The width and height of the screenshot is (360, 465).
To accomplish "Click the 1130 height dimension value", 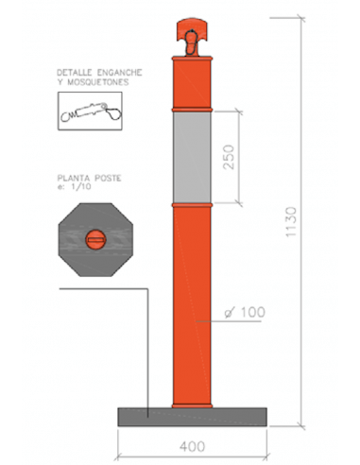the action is pyautogui.click(x=291, y=222).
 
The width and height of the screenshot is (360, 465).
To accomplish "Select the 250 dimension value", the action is pyautogui.click(x=229, y=157).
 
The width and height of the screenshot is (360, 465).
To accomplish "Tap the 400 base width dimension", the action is pyautogui.click(x=193, y=446).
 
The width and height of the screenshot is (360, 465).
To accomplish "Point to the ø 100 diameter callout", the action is pyautogui.click(x=245, y=312).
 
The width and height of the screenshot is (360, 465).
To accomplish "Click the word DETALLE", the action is pyautogui.click(x=75, y=73).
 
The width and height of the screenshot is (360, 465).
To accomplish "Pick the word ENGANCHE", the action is pyautogui.click(x=120, y=73).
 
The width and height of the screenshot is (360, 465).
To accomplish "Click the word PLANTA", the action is pyautogui.click(x=74, y=178).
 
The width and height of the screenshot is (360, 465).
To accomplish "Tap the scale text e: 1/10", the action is pyautogui.click(x=74, y=186).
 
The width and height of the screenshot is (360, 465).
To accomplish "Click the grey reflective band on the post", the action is pyautogui.click(x=192, y=157).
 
